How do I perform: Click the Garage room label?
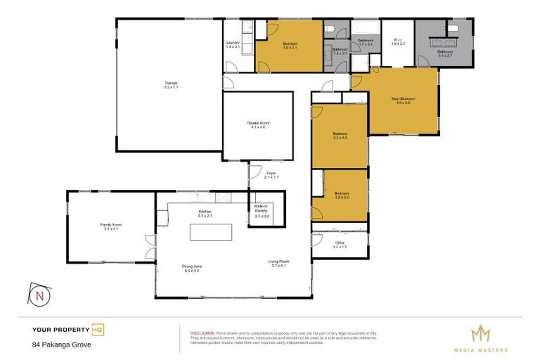(171, 85)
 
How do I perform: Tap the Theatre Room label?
(258, 125)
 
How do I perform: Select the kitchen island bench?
(212, 231)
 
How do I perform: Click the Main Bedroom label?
(404, 101)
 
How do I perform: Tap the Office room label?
(340, 245)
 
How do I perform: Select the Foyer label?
(271, 175)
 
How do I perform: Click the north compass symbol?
(39, 296)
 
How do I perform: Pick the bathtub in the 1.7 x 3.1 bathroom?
(365, 30)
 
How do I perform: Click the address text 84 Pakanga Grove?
(62, 345)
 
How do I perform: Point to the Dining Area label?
(193, 268)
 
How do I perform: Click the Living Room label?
(280, 263)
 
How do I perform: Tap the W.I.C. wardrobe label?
(397, 41)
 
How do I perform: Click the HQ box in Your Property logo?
(98, 329)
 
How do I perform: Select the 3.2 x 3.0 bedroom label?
(342, 194)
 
